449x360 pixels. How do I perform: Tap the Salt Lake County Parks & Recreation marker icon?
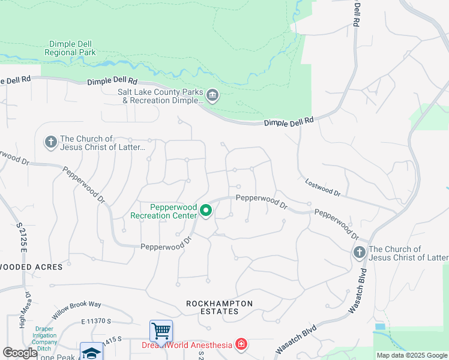(x=212, y=96)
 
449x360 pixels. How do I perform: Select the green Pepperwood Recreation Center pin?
(x=206, y=211)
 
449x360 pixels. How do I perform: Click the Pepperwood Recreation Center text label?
(x=164, y=211)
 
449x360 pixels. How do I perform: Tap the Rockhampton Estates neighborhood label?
(x=219, y=307)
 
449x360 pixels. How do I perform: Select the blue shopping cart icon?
(x=161, y=330)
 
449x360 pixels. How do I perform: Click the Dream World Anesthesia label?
(x=186, y=345)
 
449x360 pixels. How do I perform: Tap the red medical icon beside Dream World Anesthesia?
(x=241, y=344)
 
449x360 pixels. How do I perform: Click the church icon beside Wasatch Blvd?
(x=359, y=253)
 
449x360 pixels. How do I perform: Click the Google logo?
(x=20, y=353)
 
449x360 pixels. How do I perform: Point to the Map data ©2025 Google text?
(x=412, y=355)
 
